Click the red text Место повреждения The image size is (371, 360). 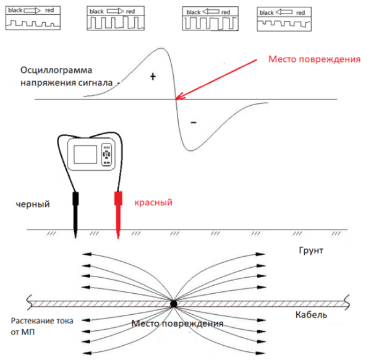pyautogui.click(x=314, y=59)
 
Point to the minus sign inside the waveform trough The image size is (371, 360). pyautogui.click(x=194, y=122)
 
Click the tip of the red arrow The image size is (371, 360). pyautogui.click(x=176, y=98)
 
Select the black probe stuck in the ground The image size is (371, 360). pyautogui.click(x=75, y=213)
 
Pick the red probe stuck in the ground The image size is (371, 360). pyautogui.click(x=117, y=213)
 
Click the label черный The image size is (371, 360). pyautogui.click(x=34, y=204)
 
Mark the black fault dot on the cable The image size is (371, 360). pyautogui.click(x=174, y=304)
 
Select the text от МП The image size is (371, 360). pyautogui.click(x=24, y=333)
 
